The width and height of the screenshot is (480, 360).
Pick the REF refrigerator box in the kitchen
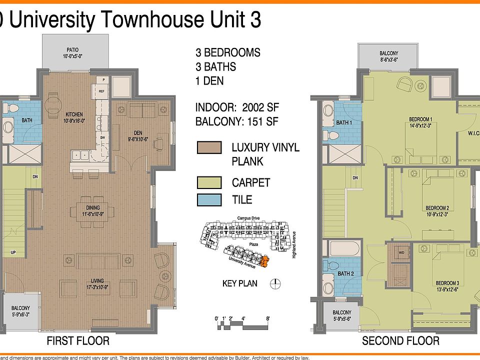101,91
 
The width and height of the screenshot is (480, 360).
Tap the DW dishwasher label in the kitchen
102,137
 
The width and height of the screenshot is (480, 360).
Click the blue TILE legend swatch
209,200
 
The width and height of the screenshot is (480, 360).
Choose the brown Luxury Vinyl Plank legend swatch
209,147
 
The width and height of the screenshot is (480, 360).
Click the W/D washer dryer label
401,252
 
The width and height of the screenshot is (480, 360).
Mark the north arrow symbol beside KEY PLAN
274,284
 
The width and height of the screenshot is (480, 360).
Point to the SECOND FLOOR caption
400,341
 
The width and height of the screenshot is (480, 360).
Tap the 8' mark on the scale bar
268,318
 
